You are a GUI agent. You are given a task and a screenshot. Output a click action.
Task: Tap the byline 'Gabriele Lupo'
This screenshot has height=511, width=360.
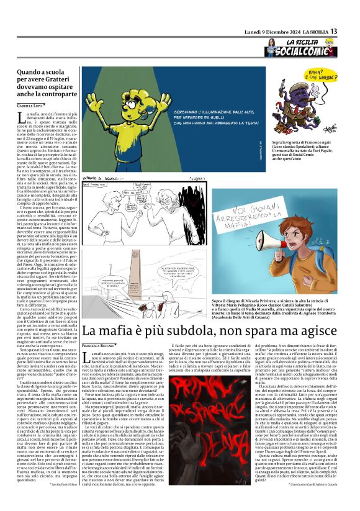pos(30,107)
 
